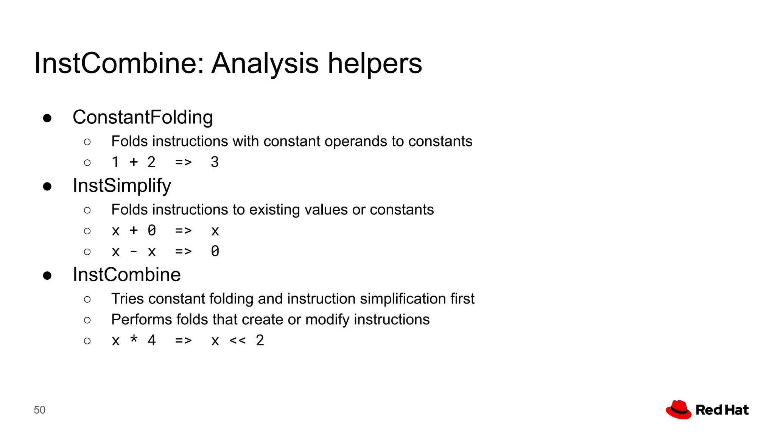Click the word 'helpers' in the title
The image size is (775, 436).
(x=374, y=64)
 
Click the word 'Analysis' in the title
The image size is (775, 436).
(x=265, y=64)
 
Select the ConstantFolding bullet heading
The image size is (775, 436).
(x=143, y=117)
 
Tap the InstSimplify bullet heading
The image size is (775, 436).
(x=122, y=185)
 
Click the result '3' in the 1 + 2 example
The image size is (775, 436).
(x=215, y=162)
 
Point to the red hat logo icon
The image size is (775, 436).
(x=679, y=410)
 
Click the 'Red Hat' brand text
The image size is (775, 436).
(x=722, y=410)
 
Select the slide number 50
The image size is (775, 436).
(x=39, y=410)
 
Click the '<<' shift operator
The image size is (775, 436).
(x=238, y=341)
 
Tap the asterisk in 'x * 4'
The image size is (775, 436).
(x=134, y=339)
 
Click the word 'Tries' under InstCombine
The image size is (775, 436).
(x=128, y=299)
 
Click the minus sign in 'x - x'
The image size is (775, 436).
(x=134, y=252)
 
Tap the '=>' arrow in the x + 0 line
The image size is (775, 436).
(x=183, y=231)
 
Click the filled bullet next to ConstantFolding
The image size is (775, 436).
(x=47, y=118)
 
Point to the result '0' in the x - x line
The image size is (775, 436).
(x=215, y=251)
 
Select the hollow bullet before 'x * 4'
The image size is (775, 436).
(x=87, y=341)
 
